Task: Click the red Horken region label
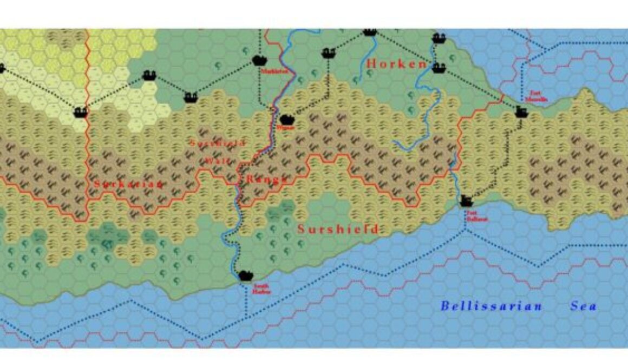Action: pyautogui.click(x=396, y=64)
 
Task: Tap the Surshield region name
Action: pyautogui.click(x=338, y=229)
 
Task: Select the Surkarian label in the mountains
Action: pyautogui.click(x=128, y=184)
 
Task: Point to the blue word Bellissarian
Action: pyautogui.click(x=491, y=306)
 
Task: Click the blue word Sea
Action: pyautogui.click(x=584, y=306)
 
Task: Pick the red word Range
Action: pyautogui.click(x=266, y=179)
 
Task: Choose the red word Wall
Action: pyautogui.click(x=218, y=161)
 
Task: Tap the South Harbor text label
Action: pyautogui.click(x=261, y=288)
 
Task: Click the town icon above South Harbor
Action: pyautogui.click(x=246, y=276)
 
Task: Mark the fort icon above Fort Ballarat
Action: pyautogui.click(x=466, y=202)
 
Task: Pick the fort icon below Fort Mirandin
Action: pyautogui.click(x=521, y=112)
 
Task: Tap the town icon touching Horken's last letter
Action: pyautogui.click(x=439, y=67)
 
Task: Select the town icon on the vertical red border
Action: pyautogui.click(x=81, y=112)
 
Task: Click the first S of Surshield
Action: pyautogui.click(x=302, y=229)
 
